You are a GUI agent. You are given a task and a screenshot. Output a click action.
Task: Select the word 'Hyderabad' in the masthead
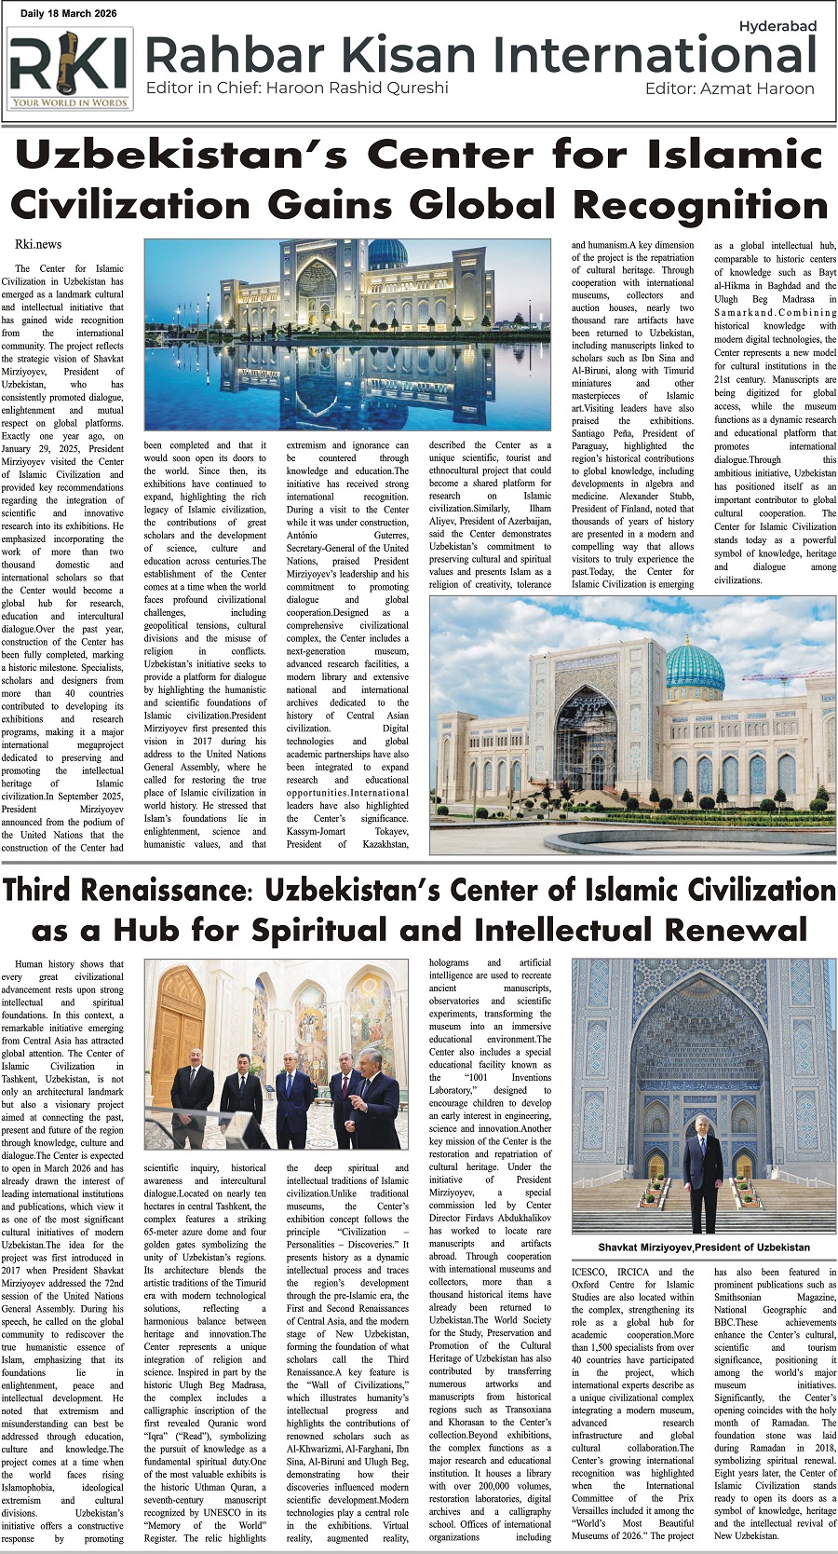coord(777,26)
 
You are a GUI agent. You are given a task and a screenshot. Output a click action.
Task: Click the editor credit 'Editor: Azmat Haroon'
coord(729,89)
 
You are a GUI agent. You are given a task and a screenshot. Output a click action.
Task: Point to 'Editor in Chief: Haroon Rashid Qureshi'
coord(297,89)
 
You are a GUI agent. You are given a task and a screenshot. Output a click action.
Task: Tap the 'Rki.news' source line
coord(38,244)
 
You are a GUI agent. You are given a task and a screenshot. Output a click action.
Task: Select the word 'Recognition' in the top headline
coord(700,204)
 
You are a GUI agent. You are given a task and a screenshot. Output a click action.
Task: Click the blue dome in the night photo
coord(387,253)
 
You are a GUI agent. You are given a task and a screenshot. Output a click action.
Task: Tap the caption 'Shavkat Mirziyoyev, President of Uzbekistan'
coord(704,1247)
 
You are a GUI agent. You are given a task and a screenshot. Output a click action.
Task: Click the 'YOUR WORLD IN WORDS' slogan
coord(69,103)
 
